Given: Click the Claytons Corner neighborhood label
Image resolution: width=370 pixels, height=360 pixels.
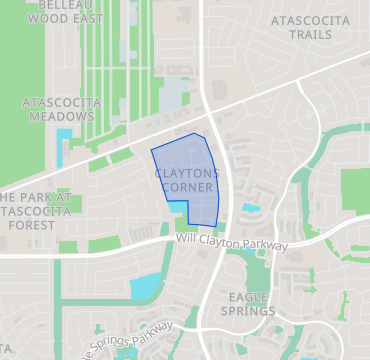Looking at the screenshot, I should (x=186, y=180).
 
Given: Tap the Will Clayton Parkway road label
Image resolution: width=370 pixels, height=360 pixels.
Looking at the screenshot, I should (x=231, y=242).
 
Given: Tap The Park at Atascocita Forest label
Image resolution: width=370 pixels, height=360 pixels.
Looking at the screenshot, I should (x=35, y=211).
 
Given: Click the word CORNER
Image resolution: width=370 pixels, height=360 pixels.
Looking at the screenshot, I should (x=186, y=187).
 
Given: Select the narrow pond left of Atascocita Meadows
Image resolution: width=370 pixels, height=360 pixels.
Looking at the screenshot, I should (x=63, y=145).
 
